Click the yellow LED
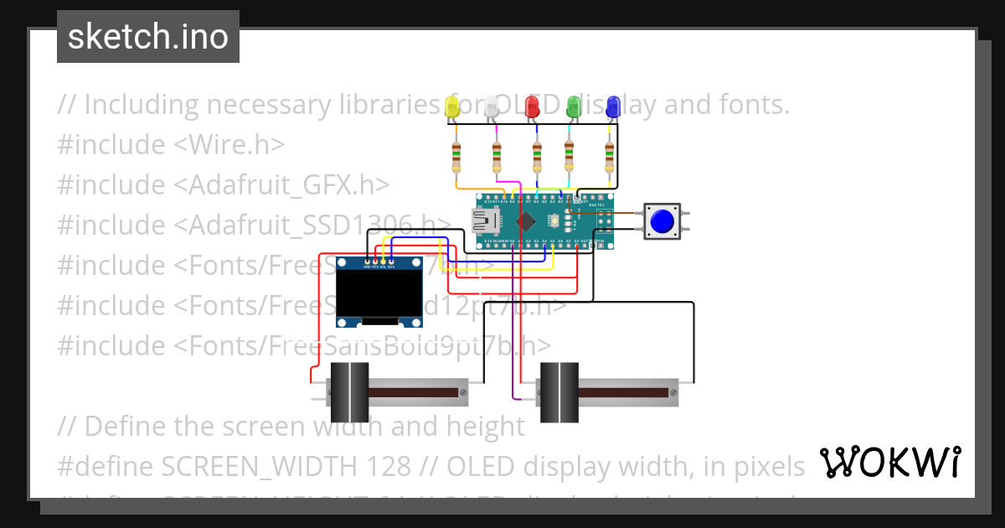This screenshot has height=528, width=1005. click(x=453, y=106)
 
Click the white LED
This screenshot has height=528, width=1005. click(x=492, y=106)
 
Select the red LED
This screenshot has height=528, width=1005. click(x=532, y=106)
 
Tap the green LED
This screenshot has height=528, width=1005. click(x=574, y=106)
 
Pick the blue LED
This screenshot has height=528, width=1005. click(x=613, y=106)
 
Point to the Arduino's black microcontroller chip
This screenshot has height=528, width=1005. click(x=526, y=221)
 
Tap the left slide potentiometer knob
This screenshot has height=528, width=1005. click(x=349, y=392)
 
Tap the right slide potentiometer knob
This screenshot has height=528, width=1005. click(x=558, y=392)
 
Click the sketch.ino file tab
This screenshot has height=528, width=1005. click(x=148, y=37)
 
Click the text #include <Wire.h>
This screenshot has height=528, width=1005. click(x=171, y=145)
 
